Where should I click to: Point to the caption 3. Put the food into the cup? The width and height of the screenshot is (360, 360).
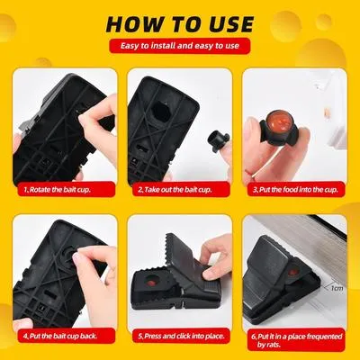[x=296, y=190]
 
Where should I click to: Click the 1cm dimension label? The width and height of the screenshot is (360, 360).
[x=336, y=290]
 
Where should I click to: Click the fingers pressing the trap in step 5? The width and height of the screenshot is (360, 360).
[x=216, y=256]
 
